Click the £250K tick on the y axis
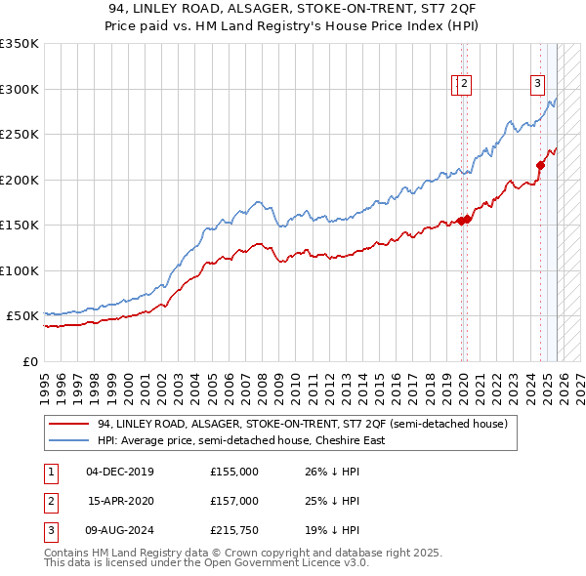tap(20, 134)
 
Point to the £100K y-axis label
tap(20, 270)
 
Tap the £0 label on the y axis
tap(29, 361)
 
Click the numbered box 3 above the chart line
tap(537, 84)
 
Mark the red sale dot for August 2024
tap(540, 165)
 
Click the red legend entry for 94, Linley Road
tap(302, 425)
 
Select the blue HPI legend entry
tap(241, 440)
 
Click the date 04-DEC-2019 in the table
tap(120, 472)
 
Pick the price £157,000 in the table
tap(233, 501)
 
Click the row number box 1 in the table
tap(50, 472)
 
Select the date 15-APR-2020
tap(120, 501)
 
